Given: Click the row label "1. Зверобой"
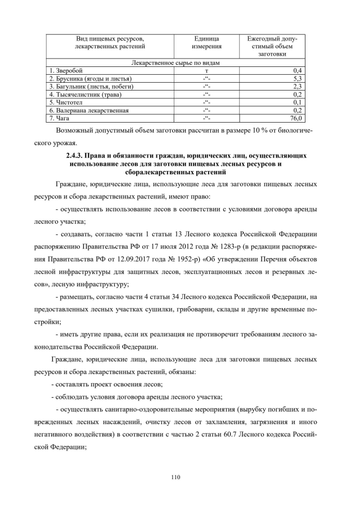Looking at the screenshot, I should click(66, 70).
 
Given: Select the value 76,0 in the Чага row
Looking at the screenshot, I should click(296, 118).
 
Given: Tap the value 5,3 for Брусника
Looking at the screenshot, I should click(299, 79).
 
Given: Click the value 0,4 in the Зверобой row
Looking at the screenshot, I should click(299, 70).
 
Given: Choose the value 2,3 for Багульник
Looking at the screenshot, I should click(299, 87).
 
